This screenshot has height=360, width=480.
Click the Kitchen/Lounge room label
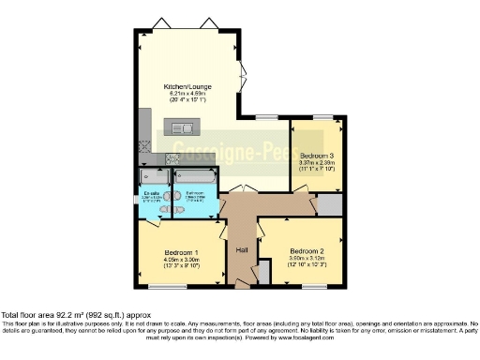pyautogui.click(x=187, y=86)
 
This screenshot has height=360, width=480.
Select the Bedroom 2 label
pyautogui.click(x=307, y=252)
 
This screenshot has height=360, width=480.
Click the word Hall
pyautogui.click(x=241, y=250)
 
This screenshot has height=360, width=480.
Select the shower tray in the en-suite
pyautogui.click(x=151, y=177)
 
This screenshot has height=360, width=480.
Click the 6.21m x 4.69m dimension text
pyautogui.click(x=187, y=94)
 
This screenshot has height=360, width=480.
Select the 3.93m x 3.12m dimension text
pyautogui.click(x=307, y=260)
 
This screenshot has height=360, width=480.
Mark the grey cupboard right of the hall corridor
pyautogui.click(x=329, y=205)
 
